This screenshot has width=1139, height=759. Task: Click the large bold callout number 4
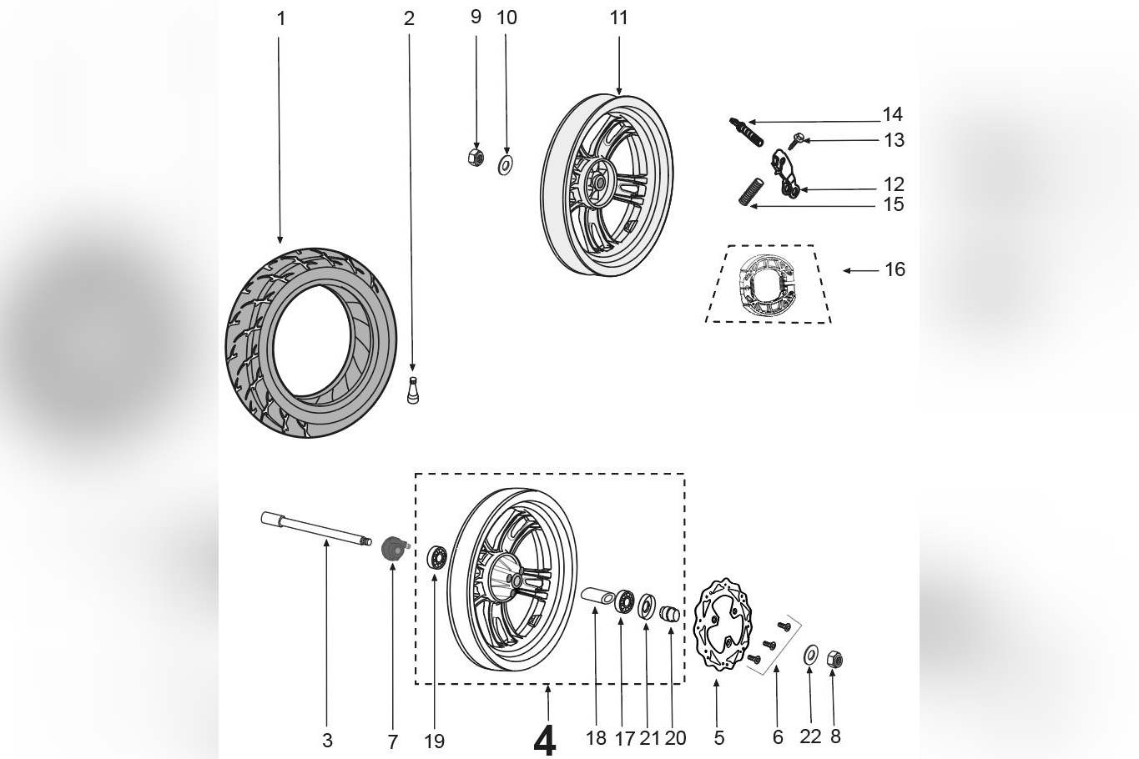point(544,739)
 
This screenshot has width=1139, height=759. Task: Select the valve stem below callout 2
point(412,391)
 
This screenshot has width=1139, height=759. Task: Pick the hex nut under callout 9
point(476,157)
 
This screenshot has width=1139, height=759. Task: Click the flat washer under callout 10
point(505,164)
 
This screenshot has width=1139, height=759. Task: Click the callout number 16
point(895,269)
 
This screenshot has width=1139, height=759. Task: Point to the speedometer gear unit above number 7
point(393,550)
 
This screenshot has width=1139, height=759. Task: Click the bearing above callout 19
point(436,558)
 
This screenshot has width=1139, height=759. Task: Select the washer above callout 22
point(810,656)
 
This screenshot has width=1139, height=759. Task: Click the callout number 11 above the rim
point(618,18)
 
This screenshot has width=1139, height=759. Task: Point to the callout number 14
point(892,114)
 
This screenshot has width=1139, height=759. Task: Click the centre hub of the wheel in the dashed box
point(512,580)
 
